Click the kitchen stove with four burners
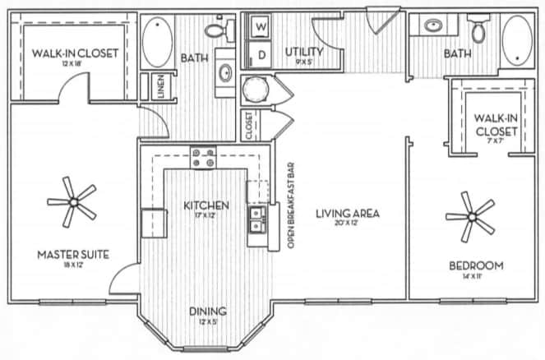[x=203, y=155]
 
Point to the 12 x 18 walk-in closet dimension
[x=75, y=64]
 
